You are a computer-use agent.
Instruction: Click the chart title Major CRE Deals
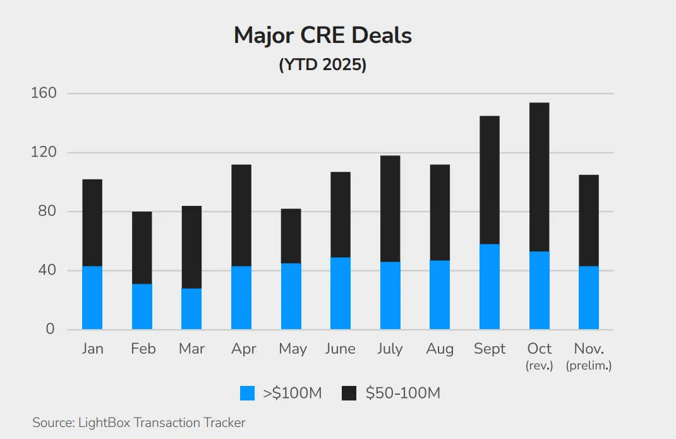[322, 35]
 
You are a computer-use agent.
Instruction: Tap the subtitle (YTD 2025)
[322, 65]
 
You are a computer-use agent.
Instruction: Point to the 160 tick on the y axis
[44, 93]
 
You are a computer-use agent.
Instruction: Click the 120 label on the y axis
[44, 152]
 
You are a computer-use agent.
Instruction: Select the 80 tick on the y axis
[45, 212]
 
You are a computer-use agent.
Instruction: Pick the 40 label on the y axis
[45, 270]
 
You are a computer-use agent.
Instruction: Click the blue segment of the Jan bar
[92, 298]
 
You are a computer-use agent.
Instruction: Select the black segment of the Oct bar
[539, 177]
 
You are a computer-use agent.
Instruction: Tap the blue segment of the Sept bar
[490, 287]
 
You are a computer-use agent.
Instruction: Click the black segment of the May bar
[291, 236]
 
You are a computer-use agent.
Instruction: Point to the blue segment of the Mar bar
[191, 309]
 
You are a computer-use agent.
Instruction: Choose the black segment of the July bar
[390, 208]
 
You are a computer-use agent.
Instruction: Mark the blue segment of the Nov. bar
[588, 298]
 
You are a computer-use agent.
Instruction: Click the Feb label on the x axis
[143, 349]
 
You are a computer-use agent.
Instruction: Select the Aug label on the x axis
[440, 349]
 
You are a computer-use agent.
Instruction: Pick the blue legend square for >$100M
[248, 394]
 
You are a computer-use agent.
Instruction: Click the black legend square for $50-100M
[349, 394]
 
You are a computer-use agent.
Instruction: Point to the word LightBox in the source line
[103, 423]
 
